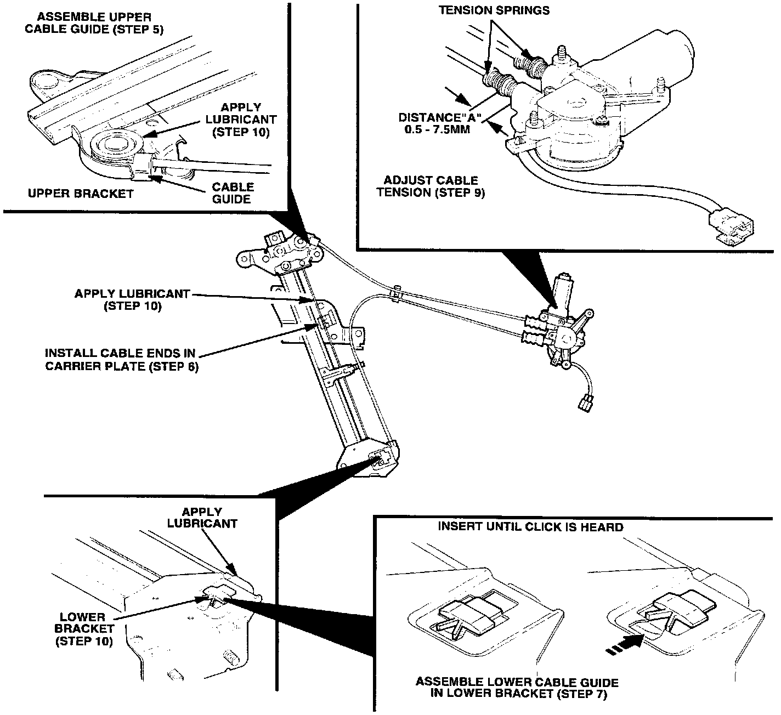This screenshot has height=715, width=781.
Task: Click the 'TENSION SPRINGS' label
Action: [x=494, y=10]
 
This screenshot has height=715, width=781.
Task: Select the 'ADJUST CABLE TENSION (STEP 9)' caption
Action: [x=431, y=186]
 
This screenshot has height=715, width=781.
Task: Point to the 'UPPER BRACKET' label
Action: [x=81, y=194]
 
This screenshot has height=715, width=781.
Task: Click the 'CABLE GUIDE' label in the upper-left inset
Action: [x=233, y=193]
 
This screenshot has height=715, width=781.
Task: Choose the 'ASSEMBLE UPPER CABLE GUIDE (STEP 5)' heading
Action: [x=93, y=23]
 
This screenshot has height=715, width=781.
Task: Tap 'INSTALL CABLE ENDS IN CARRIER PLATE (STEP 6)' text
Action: [x=121, y=360]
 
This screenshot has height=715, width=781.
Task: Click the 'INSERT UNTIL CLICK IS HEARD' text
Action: [x=530, y=527]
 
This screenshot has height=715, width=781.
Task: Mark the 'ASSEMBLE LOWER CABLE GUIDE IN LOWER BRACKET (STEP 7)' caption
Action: [x=517, y=688]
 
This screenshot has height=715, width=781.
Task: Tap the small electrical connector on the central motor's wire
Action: [x=585, y=404]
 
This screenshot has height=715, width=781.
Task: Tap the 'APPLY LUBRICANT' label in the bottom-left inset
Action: [x=202, y=518]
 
